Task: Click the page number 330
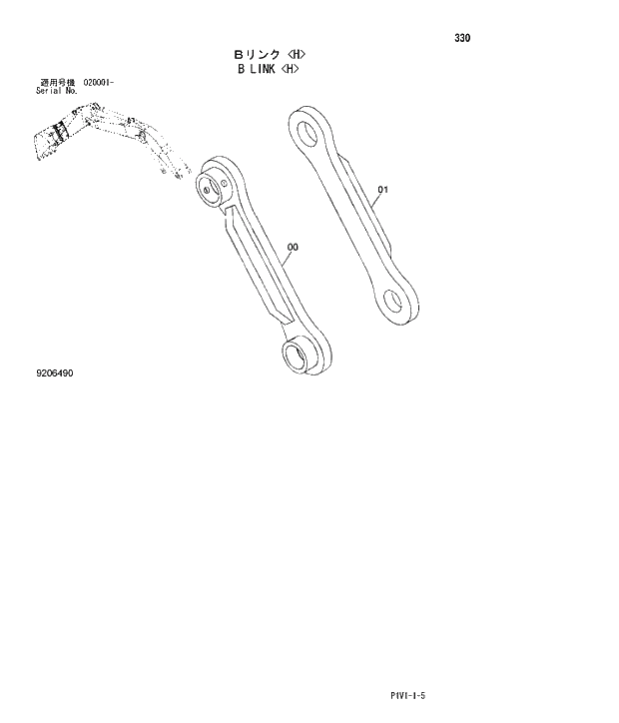coord(461,38)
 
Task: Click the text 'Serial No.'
coord(56,90)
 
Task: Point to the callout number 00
coord(293,247)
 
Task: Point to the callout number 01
coord(384,188)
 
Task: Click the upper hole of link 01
coord(309,130)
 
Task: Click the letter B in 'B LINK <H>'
coord(240,69)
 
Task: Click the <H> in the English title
coord(291,69)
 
